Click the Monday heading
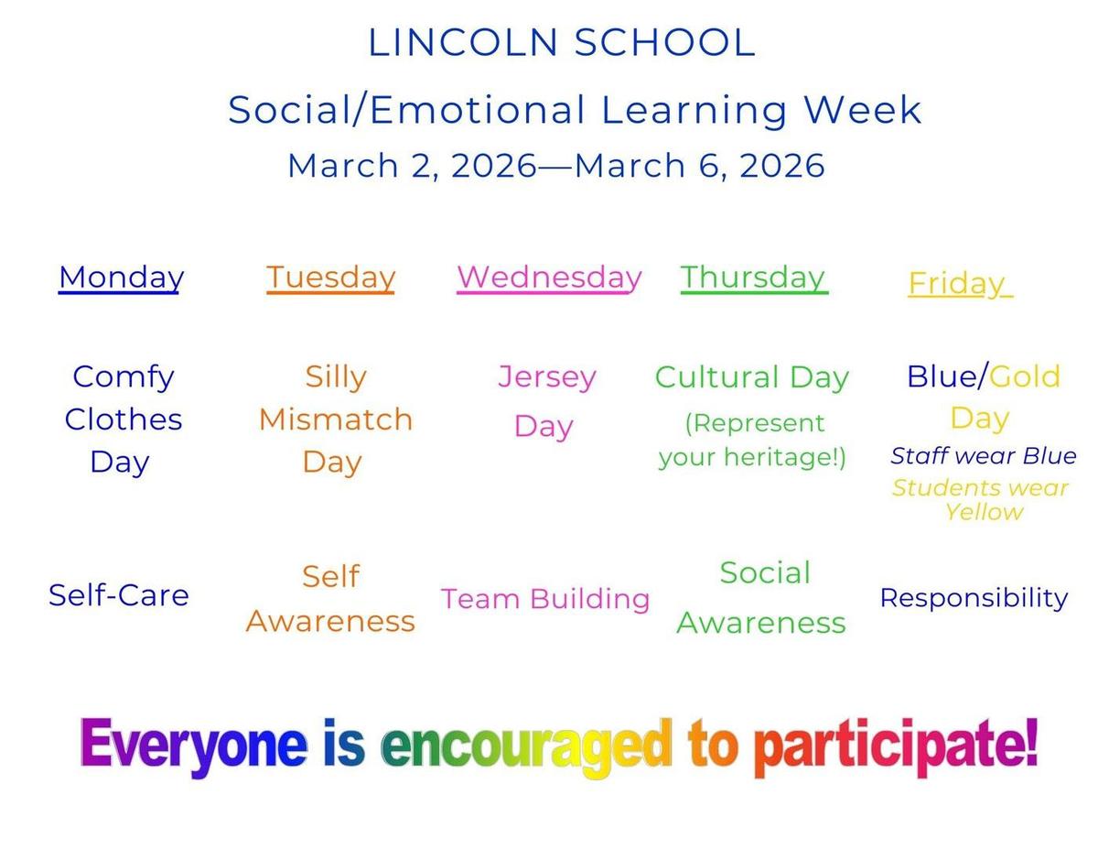(x=121, y=278)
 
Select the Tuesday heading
(x=330, y=278)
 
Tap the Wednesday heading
(x=549, y=278)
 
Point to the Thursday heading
(x=754, y=278)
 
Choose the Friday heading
(x=960, y=283)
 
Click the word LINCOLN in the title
(x=463, y=42)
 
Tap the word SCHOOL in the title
(x=665, y=42)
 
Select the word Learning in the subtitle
(x=694, y=111)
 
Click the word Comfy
(x=124, y=377)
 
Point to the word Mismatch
(x=336, y=419)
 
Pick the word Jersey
(x=547, y=377)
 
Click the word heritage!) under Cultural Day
(x=785, y=457)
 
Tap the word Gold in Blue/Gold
(x=1024, y=376)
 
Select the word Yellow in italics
(x=984, y=513)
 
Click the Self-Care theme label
(x=119, y=595)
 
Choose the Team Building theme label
(x=545, y=599)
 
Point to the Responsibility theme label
(x=974, y=598)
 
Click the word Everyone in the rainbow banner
(x=194, y=746)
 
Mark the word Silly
(x=336, y=377)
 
